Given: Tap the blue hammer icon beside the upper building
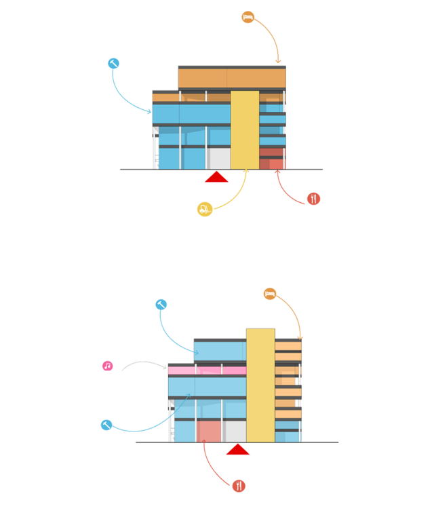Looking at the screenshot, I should coord(113,64).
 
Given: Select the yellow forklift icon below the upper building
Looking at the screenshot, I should coord(205,208).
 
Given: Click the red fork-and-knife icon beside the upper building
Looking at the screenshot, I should coord(313,199).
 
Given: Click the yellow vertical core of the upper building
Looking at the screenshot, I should coord(244,129).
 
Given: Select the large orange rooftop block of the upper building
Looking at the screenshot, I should coord(231,78).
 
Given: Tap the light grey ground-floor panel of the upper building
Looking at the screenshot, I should coord(218,157).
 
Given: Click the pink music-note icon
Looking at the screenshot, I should coord(107,366).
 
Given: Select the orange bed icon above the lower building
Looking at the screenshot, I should coord(270,294).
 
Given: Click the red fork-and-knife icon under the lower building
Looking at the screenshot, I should coord(239,486).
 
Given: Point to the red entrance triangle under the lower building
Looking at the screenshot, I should coord(237,450).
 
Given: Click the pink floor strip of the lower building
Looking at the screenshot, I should coord(207,370).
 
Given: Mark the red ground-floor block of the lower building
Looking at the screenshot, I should coord(208,431).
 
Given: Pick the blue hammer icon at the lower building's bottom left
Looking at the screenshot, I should coord(106,425).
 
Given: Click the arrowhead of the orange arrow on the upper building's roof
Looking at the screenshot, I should coord(278,63).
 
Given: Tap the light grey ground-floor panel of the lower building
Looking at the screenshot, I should coord(234,431).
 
